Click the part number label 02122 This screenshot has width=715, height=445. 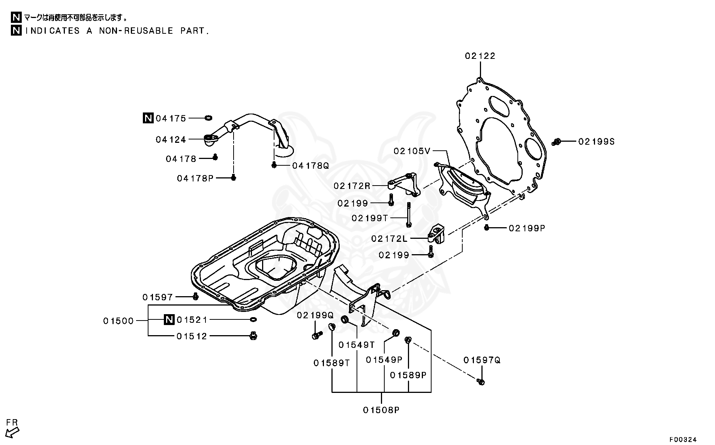point(480,56)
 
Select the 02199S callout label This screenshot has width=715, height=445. point(596,142)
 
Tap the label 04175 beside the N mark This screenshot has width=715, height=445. point(171,118)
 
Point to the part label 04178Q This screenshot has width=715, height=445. point(310,165)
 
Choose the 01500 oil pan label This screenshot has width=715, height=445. point(118,321)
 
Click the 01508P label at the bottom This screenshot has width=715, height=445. point(381,410)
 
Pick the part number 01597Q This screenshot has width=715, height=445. point(482,360)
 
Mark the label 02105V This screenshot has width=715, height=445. point(412,151)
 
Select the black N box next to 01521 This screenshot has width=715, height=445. point(169,320)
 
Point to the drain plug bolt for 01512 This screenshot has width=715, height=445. point(253,336)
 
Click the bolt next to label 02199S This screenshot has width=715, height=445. point(557,142)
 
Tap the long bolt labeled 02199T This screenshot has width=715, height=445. point(408,214)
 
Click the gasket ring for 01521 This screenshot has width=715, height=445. point(253,319)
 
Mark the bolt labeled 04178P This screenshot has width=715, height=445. point(233,178)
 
